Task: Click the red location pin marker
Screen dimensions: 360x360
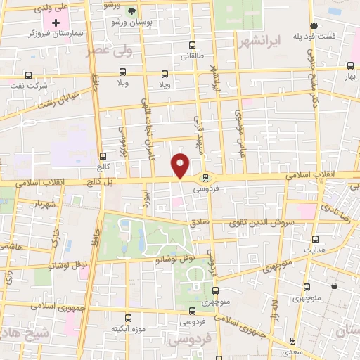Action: [181, 165]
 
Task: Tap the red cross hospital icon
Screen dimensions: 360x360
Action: [56, 22]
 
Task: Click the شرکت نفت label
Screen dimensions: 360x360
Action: [28, 86]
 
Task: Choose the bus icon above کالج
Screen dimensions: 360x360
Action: [103, 157]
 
